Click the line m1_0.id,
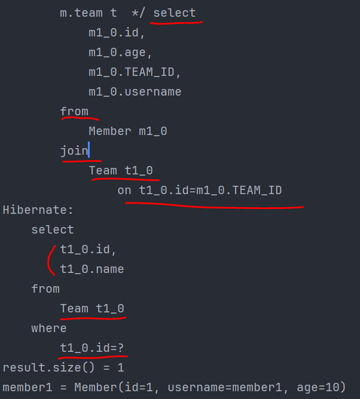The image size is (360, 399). point(117,33)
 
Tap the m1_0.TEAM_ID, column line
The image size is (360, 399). point(135,72)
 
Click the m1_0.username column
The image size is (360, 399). point(135,92)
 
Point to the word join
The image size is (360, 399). point(74,151)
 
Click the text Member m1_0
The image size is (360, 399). point(127,131)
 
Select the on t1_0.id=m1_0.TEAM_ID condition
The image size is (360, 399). point(200,190)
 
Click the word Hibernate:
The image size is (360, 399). point(38,210)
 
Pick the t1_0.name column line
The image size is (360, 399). point(91,269)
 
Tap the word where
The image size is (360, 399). point(49,328)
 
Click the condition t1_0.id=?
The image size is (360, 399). point(91,348)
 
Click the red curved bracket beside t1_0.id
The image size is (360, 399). point(50,259)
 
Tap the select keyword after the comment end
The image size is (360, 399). point(175,13)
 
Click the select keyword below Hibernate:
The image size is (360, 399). point(53,229)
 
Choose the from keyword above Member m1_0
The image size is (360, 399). point(74,111)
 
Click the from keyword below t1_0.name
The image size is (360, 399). point(45,288)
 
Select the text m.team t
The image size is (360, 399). point(89,13)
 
